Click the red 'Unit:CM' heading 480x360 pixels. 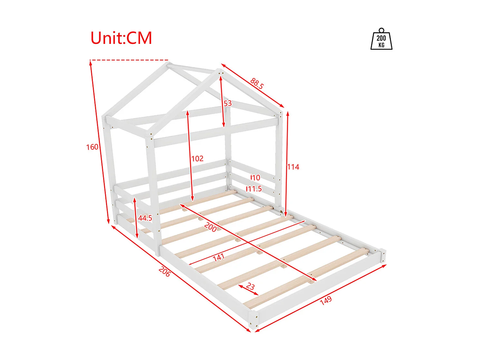click(121, 38)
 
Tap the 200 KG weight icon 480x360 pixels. click(381, 39)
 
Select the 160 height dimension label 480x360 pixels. click(92, 147)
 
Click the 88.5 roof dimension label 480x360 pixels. click(257, 84)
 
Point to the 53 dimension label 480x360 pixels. click(228, 104)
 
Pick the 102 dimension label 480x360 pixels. click(197, 158)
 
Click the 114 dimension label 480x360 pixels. click(293, 167)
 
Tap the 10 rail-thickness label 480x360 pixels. click(256, 178)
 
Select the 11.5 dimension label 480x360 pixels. click(255, 189)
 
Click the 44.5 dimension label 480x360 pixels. click(145, 218)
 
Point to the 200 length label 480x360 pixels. click(211, 227)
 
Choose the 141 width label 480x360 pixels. click(219, 257)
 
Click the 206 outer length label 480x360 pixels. click(164, 272)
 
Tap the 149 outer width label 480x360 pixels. click(326, 300)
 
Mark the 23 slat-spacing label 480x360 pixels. click(250, 286)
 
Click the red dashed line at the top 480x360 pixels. click(129, 60)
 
